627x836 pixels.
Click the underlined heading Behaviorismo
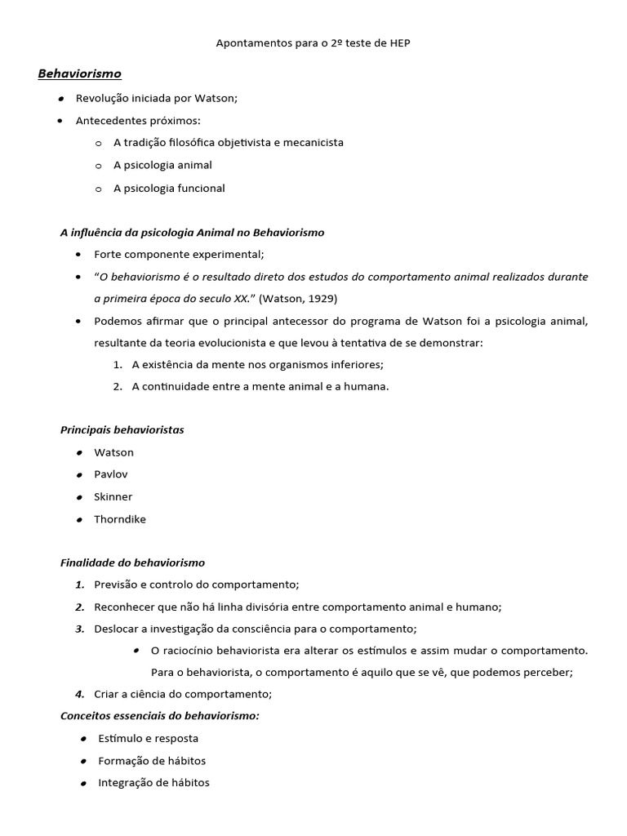pos(79,74)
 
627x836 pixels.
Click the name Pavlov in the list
pos(111,474)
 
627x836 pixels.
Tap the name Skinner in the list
pos(113,496)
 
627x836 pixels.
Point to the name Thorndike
pos(120,519)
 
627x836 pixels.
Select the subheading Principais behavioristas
pos(122,430)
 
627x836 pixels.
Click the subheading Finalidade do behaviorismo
pos(132,563)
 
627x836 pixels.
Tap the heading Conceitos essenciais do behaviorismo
pos(160,716)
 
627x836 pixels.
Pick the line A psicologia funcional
pos(169,189)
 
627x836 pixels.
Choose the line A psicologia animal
pos(162,165)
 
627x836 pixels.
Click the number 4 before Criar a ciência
pos(80,695)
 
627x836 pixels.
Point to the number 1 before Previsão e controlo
pos(80,585)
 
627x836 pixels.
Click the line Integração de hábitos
pos(153,783)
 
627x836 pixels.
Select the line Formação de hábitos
pos(152,761)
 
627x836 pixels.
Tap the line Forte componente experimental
pos(179,254)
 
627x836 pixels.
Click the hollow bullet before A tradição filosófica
pos(98,143)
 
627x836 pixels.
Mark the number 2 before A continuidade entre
pos(118,387)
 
